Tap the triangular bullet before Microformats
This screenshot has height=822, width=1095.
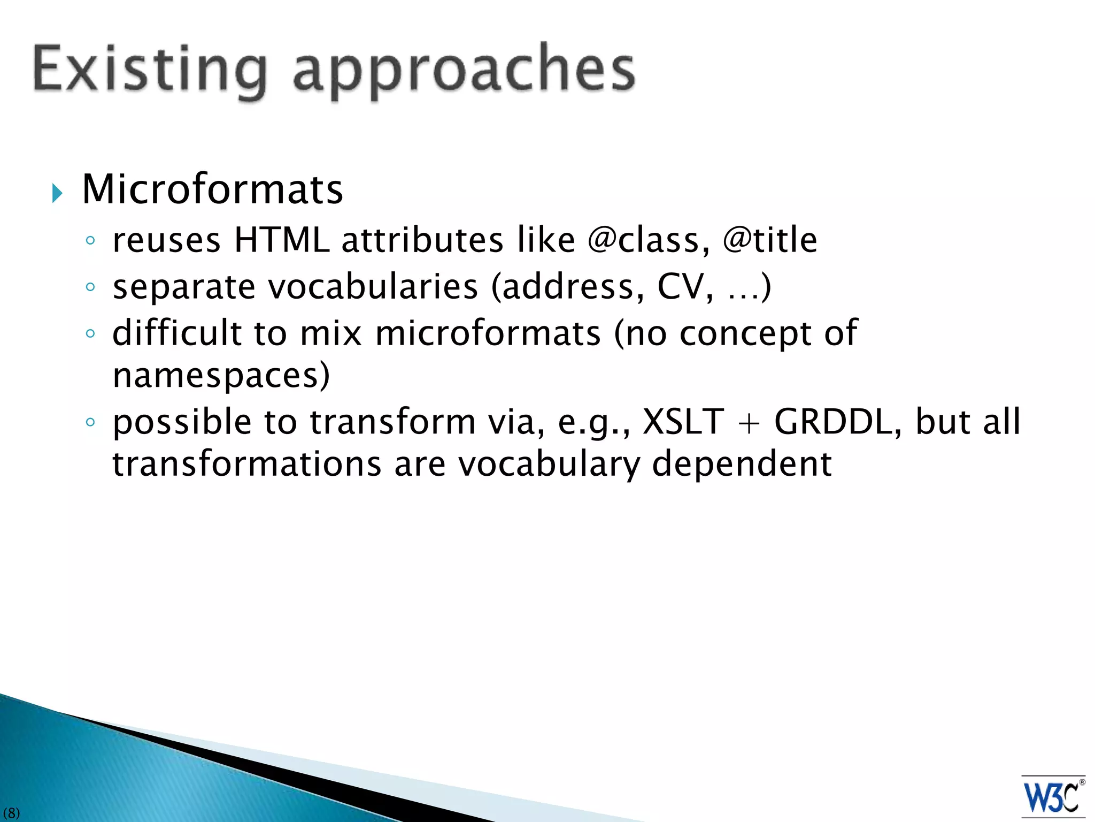click(57, 193)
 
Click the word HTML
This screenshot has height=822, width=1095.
click(282, 240)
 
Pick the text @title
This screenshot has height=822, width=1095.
click(769, 240)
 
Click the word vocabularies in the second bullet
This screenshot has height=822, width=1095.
click(373, 287)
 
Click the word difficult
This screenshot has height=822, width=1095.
click(177, 333)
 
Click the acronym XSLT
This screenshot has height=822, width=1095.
click(683, 422)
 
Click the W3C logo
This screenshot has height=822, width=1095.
click(1052, 796)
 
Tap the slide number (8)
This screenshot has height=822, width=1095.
click(11, 813)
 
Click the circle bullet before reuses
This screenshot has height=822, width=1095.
click(90, 241)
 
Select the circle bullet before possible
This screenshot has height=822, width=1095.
click(90, 423)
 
